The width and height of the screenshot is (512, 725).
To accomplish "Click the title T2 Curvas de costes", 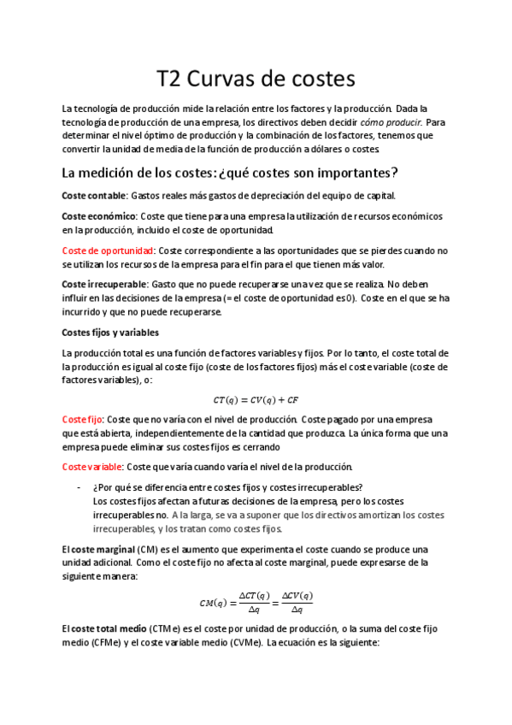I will [255, 80].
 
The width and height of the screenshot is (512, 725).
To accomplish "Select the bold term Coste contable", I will [94, 195].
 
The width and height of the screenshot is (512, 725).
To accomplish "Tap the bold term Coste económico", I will [99, 217].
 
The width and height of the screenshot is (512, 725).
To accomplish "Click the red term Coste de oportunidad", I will [108, 251].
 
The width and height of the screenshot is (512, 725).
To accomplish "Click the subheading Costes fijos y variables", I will [110, 333].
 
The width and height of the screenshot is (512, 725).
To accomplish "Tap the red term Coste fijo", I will [82, 420].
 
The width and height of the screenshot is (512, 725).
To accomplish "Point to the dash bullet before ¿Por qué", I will [79, 488].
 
